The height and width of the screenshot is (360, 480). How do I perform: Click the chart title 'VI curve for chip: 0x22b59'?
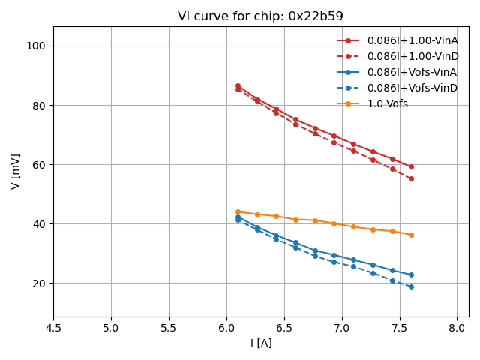coord(260,16)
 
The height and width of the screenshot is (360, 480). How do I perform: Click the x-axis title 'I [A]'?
coord(261,343)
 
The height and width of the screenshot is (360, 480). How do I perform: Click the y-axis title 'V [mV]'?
coord(16,172)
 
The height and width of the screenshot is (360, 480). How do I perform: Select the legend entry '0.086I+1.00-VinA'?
coord(412,40)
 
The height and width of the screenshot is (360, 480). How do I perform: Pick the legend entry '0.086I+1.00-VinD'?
coord(412,56)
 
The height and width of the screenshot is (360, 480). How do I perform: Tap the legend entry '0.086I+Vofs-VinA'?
coord(412,72)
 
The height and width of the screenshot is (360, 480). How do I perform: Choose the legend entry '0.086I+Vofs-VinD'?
coord(412,88)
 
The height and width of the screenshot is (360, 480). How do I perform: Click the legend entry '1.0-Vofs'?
coord(387,103)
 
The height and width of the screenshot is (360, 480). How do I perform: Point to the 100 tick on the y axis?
coord(36,46)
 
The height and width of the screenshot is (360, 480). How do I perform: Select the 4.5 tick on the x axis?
coord(53,328)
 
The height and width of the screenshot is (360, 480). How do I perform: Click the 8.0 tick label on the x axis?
coord(457,328)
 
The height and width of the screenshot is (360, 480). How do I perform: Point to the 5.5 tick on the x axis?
coord(169,328)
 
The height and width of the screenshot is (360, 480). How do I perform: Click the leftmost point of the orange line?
coord(238,211)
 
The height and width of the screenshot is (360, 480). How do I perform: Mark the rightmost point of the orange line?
coord(411,235)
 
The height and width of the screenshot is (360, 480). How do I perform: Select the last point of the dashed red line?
coord(411,178)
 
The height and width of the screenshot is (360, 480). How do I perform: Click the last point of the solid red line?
coord(411,166)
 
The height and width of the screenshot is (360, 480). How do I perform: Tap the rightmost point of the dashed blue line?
coord(411,286)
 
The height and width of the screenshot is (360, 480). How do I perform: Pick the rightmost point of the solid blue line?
coord(411,274)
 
